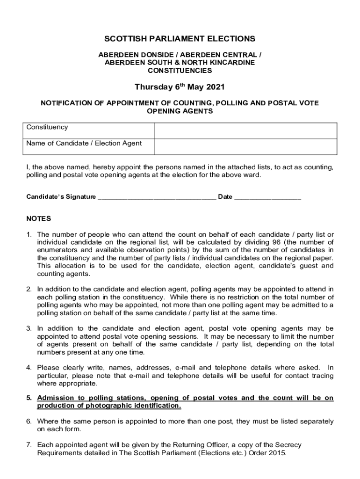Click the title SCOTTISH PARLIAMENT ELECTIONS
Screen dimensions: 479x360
coord(180,39)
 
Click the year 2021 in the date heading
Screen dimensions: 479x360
coord(215,87)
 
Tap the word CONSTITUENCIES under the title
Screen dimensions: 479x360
coord(180,71)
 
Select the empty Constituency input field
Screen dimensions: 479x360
coord(245,131)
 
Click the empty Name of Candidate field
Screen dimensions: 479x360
coord(245,146)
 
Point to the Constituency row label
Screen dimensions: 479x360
coord(47,127)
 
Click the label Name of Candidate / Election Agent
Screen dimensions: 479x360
coord(84,143)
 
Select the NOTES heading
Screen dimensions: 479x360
coord(39,218)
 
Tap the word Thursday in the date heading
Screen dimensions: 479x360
coord(151,87)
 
